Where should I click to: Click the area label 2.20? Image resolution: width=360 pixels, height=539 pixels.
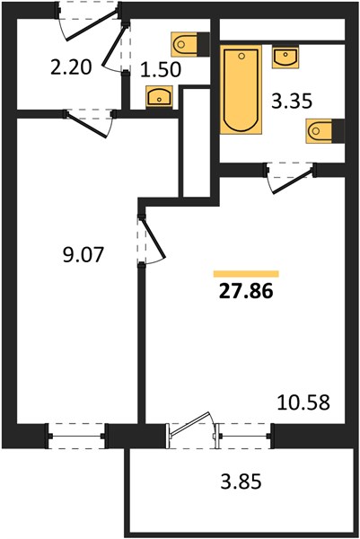71,67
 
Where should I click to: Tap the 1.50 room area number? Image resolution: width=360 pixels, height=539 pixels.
161,69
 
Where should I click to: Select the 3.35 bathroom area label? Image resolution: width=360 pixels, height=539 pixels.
292,102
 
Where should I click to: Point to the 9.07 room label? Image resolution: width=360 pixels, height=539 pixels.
83,255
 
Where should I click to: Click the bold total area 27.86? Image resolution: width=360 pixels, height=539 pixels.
246,291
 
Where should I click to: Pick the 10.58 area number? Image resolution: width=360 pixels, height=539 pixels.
303,402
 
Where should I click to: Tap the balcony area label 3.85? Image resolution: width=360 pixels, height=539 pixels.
241,482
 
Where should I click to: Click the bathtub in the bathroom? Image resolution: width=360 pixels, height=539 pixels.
241,89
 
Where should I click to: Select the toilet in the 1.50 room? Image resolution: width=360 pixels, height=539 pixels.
190,44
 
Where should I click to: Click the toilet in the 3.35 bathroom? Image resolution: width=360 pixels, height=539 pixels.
325,130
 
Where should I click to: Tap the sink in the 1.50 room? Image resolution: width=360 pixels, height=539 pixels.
159,96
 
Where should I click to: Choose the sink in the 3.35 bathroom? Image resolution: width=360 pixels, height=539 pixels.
285,57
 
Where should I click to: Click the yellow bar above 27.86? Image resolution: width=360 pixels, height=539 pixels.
246,274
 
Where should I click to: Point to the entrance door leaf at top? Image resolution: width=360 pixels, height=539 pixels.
92,25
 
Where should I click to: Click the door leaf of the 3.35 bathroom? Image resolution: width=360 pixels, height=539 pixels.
294,181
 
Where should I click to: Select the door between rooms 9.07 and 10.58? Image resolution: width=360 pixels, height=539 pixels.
154,237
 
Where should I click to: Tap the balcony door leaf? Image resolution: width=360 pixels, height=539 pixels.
190,424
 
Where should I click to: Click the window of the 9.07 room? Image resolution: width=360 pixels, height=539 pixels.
77,437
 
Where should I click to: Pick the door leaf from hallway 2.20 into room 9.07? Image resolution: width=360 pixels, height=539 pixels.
86,126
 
